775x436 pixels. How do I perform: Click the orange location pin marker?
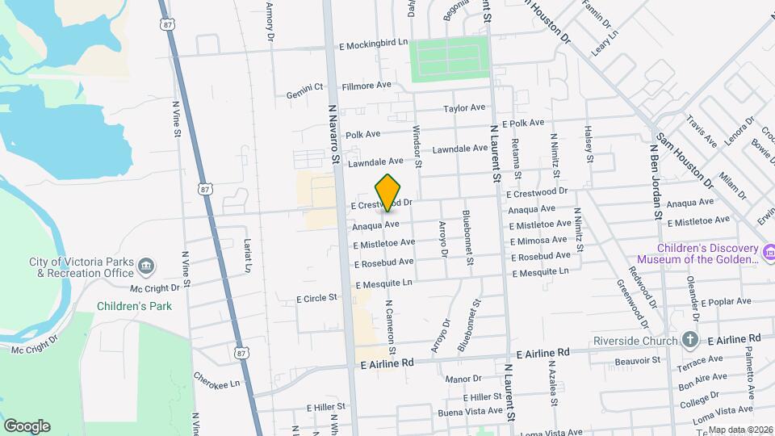[x=388, y=191]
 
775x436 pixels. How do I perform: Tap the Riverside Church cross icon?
[x=690, y=339]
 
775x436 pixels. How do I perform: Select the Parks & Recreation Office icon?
[x=145, y=265]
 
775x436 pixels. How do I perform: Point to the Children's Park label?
[x=124, y=307]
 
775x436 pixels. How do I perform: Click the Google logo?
[x=27, y=426]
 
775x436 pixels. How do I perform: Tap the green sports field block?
[x=449, y=58]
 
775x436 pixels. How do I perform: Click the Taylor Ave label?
[x=464, y=107]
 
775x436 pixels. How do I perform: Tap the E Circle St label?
[x=316, y=298]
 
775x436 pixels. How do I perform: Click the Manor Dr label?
[x=463, y=378]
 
